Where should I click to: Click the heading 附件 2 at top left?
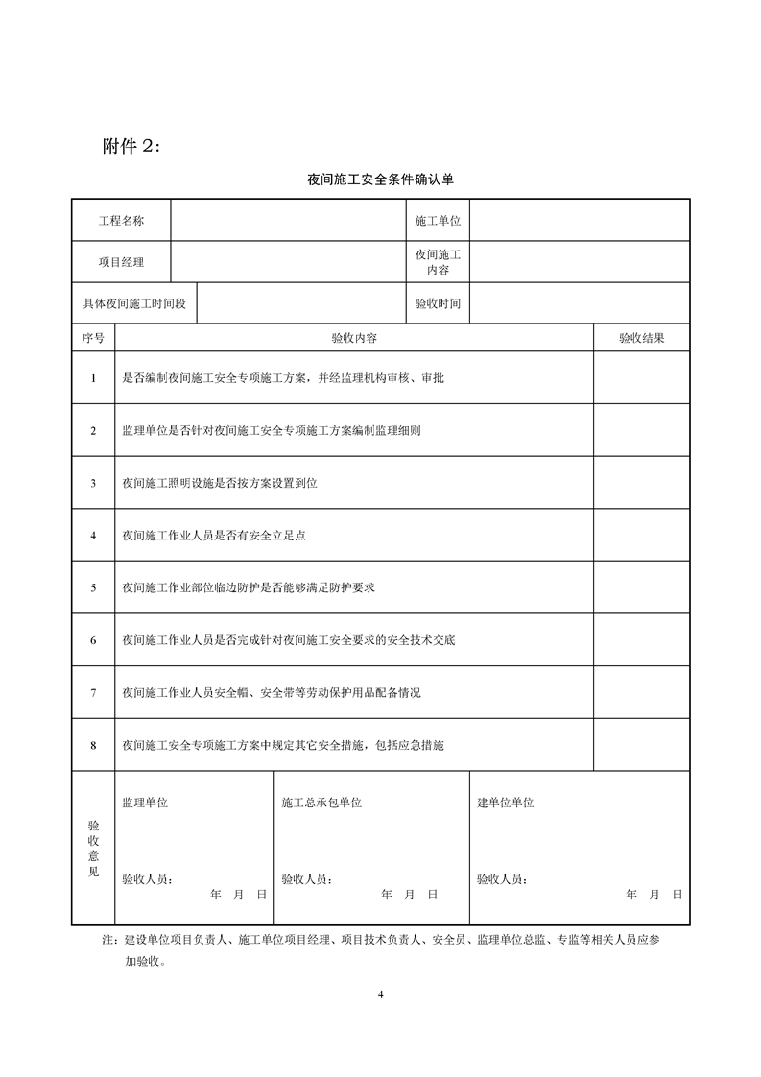coord(132,146)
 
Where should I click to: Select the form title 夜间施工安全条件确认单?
coord(380,179)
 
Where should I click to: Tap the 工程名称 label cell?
coord(121,221)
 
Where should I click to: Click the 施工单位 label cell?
coord(438,221)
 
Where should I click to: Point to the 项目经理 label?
coord(121,262)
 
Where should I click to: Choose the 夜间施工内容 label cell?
coord(438,262)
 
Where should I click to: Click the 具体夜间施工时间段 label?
coord(134,303)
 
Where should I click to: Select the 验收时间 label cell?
coord(438,303)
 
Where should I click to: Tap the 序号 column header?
coord(93,338)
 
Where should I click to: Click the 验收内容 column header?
coord(353,338)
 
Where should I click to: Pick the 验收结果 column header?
coord(641,338)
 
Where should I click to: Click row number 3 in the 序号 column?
coord(93,483)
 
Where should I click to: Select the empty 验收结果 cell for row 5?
coord(641,587)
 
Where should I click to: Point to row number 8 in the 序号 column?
coord(93,744)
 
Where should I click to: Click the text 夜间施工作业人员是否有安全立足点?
coord(214,536)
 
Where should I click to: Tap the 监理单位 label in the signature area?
coord(145,802)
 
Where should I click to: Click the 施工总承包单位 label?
coord(321,802)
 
